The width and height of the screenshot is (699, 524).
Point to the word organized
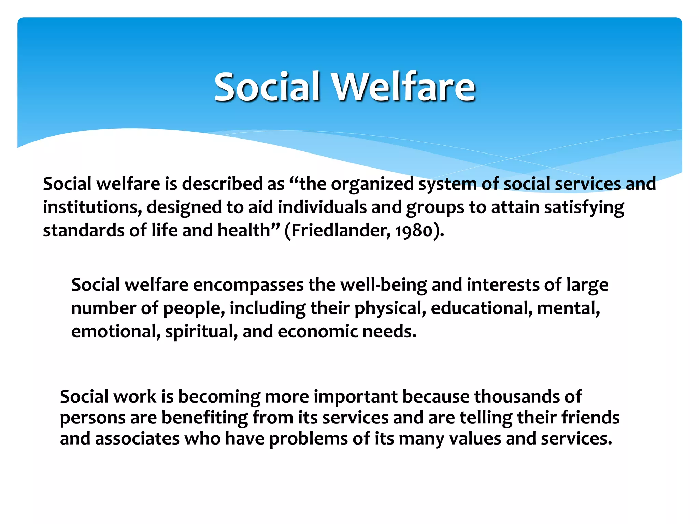pos(372,184)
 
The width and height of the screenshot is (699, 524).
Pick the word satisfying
pos(584,207)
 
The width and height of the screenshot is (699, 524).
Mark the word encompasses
pos(248,285)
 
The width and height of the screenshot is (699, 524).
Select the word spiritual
pos(201,332)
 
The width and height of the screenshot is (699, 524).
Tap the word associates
pos(137,439)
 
